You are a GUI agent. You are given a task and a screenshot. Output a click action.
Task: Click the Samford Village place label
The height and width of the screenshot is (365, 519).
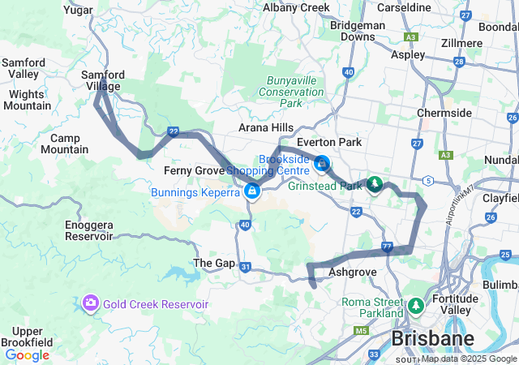click(102, 80)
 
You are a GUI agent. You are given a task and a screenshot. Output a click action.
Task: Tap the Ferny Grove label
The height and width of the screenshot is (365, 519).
click(194, 170)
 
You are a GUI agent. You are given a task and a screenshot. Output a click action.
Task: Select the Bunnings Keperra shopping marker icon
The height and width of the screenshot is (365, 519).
click(252, 191)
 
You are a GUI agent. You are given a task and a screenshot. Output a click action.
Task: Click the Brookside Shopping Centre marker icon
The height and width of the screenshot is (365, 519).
click(322, 165)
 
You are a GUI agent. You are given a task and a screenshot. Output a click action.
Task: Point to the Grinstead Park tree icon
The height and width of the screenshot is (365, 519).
click(374, 186)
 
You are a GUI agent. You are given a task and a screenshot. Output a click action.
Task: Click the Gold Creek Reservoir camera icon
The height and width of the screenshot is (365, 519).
click(90, 303)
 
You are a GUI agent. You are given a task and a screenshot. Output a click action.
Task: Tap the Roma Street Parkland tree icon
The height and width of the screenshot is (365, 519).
click(416, 306)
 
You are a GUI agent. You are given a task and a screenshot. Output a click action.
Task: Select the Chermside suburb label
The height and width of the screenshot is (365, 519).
click(444, 113)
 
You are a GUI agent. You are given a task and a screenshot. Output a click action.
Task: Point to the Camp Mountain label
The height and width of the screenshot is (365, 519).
click(64, 144)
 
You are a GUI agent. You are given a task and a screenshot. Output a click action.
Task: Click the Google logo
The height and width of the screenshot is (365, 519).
click(27, 354)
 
